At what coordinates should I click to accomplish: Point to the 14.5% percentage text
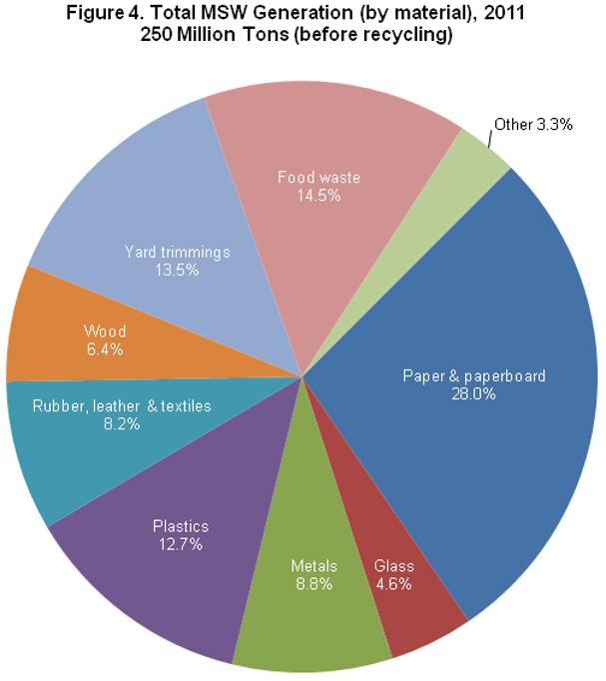(318, 196)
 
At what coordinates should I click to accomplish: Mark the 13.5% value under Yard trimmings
(177, 270)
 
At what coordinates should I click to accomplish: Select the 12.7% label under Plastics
(181, 544)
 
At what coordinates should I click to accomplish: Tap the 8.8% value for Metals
(314, 584)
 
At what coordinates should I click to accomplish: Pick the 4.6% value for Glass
(393, 584)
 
